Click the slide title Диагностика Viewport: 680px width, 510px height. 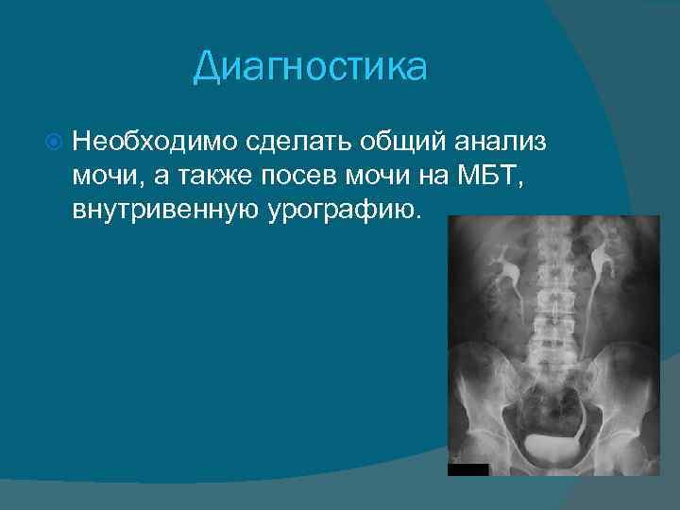pyautogui.click(x=310, y=67)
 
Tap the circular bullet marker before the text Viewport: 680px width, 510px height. pyautogui.click(x=54, y=144)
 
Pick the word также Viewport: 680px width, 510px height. pyautogui.click(x=210, y=176)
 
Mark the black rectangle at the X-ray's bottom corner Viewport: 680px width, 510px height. pyautogui.click(x=467, y=469)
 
